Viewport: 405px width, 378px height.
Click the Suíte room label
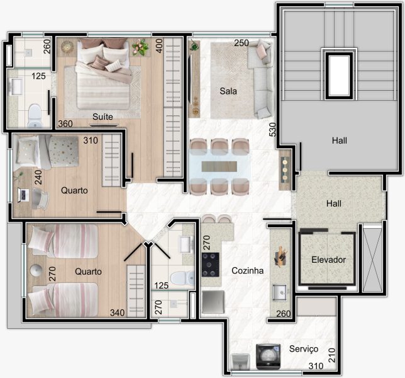pos(103,117)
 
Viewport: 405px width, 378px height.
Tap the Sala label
pos(228,91)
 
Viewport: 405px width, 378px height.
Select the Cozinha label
pos(247,271)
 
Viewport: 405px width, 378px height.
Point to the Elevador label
pos(328,260)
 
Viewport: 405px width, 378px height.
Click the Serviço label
pos(304,349)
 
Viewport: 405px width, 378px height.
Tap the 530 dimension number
pos(272,129)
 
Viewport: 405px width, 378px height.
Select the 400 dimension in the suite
pos(159,46)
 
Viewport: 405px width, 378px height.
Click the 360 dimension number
pos(65,124)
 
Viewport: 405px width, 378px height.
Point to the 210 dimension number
pos(331,355)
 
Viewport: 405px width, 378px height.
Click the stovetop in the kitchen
pos(211,265)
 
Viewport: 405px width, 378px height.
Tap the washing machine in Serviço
pos(268,357)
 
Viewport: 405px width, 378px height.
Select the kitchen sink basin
pos(280,292)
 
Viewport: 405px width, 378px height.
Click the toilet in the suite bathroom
pos(35,115)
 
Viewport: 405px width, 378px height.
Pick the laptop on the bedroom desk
pos(23,195)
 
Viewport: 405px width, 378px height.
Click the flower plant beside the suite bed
pos(140,47)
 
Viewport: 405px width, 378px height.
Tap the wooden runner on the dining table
pos(219,166)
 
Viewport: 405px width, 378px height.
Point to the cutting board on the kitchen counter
pos(280,257)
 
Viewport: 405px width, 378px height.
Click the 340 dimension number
pos(118,313)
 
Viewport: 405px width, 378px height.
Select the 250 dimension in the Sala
pos(241,43)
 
